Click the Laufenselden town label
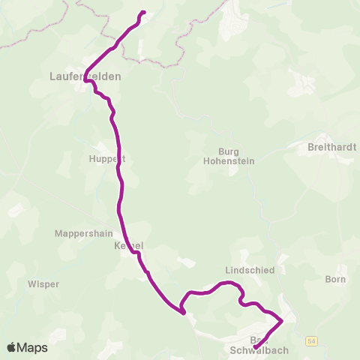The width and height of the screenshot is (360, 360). point(85,76)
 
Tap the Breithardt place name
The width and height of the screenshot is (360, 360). point(331,148)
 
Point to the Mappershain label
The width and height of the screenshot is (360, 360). point(83,233)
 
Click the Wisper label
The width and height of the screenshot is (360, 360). point(43,284)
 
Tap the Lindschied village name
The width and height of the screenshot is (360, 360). point(250,269)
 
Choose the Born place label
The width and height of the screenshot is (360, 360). point(336,280)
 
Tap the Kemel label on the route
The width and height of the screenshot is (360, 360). point(127,246)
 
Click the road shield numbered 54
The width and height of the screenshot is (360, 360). point(312,341)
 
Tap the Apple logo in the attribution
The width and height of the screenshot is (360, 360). point(11,347)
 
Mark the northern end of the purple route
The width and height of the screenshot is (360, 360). point(143,13)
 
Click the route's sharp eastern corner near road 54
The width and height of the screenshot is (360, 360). point(282,321)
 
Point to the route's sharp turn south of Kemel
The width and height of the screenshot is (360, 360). point(183,313)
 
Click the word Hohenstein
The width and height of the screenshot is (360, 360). point(228,160)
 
